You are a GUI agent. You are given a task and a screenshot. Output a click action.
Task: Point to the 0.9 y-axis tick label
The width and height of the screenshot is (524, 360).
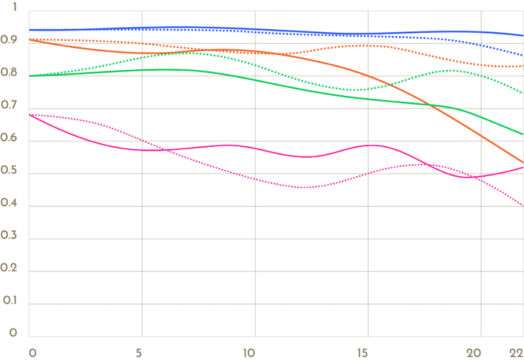(x=9, y=40)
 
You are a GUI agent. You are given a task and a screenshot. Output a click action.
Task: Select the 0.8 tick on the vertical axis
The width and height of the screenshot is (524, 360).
(x=9, y=74)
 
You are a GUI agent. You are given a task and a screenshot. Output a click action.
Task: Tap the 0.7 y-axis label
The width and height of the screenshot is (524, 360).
(x=9, y=107)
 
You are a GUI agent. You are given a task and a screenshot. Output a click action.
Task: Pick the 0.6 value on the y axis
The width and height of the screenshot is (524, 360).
(x=9, y=139)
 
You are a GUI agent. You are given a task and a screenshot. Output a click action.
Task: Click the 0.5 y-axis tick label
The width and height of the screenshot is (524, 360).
(x=9, y=172)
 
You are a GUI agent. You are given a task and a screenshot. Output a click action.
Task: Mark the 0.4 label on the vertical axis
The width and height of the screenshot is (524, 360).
(x=9, y=205)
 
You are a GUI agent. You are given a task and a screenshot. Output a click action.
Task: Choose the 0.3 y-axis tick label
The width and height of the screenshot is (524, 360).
(x=9, y=237)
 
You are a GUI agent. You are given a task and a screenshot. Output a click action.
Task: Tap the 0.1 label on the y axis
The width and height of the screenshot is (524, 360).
(x=9, y=302)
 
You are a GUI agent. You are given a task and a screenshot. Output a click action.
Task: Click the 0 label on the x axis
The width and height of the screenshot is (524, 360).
(x=32, y=352)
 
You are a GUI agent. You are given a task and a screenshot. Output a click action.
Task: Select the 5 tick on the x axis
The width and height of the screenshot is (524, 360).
(x=139, y=352)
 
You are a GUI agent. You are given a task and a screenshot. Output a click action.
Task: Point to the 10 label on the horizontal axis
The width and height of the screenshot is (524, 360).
(x=249, y=352)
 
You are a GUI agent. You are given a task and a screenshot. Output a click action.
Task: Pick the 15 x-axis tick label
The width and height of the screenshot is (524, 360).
(x=363, y=352)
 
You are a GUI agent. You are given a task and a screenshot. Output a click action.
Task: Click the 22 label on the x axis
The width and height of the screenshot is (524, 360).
(x=516, y=352)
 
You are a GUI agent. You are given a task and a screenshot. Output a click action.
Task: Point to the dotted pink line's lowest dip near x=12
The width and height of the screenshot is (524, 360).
(x=302, y=187)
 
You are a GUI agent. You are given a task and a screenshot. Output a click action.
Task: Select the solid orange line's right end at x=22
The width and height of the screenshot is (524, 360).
(x=523, y=162)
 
